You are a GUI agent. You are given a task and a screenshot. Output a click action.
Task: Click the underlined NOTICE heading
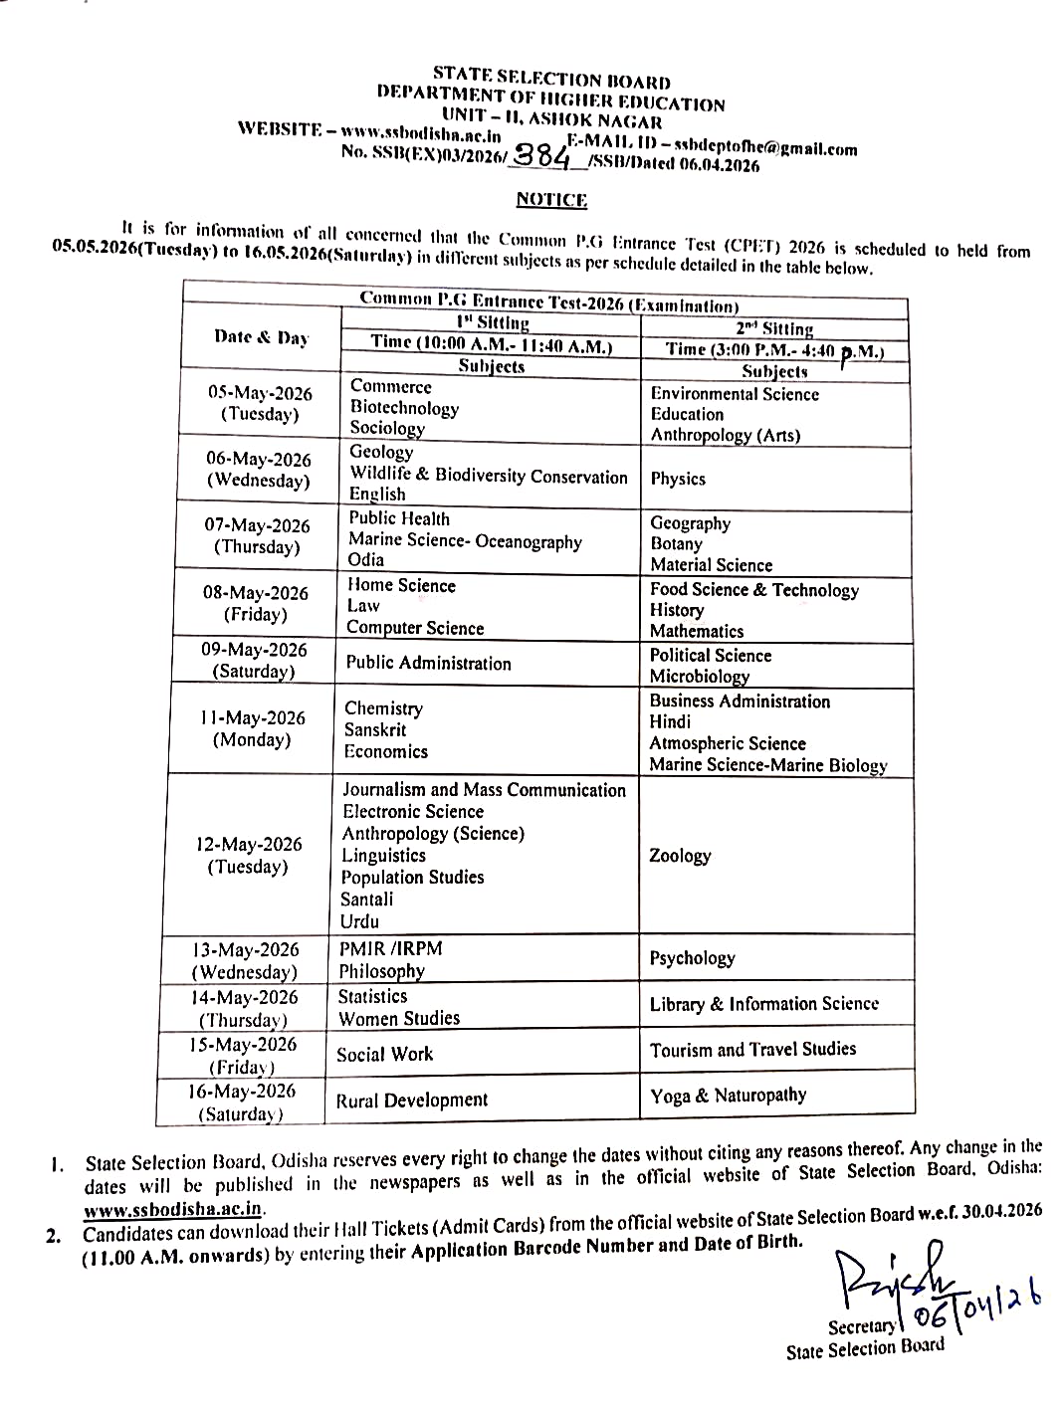tap(551, 200)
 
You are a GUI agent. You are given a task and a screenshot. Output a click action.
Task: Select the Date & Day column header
tap(261, 337)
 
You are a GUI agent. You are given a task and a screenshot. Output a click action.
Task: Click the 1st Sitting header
tap(493, 322)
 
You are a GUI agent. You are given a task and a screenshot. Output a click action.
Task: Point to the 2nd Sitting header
tap(774, 328)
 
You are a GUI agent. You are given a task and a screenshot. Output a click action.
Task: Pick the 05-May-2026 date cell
tap(260, 403)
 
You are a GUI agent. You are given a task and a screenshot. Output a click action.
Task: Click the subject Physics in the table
tap(678, 479)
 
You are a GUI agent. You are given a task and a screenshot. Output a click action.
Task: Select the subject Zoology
tap(680, 856)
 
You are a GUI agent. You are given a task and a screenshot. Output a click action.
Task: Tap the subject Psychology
tap(692, 958)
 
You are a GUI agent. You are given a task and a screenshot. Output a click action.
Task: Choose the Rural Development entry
tap(412, 1100)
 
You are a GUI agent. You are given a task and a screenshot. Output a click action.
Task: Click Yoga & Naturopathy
tap(728, 1096)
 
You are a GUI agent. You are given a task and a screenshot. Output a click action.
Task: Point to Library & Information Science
tap(763, 1004)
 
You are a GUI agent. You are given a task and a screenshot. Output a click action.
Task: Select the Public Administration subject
tap(428, 663)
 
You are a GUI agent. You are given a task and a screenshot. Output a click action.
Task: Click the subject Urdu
tap(359, 921)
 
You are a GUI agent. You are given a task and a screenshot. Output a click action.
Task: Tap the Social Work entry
tap(384, 1054)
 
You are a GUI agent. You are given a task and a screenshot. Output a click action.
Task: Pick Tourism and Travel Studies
tap(752, 1049)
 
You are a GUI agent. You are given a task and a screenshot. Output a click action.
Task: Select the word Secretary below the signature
tap(862, 1326)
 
